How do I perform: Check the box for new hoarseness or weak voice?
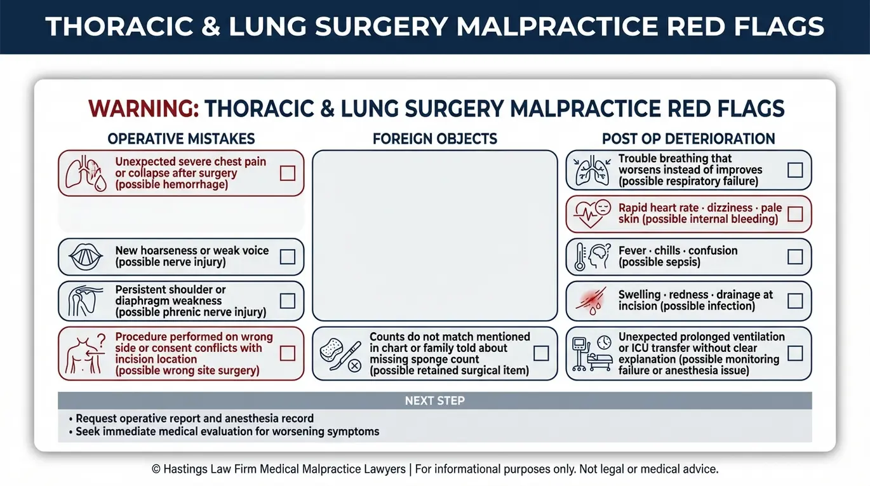(x=288, y=257)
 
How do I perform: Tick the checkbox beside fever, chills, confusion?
(x=795, y=257)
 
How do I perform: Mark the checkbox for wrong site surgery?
(x=288, y=353)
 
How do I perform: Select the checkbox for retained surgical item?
(x=541, y=353)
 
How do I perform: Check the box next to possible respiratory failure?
(x=795, y=170)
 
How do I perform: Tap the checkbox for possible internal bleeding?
(x=795, y=214)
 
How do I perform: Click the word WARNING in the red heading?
(x=144, y=109)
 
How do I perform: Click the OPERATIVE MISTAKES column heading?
(x=181, y=138)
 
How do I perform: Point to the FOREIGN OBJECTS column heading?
(x=435, y=138)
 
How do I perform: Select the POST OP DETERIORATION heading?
(x=688, y=138)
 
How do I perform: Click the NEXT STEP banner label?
(x=435, y=400)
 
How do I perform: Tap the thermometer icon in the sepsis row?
(x=580, y=257)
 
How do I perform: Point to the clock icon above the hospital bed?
(x=605, y=342)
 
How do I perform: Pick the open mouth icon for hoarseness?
(x=86, y=257)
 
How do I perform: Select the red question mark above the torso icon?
(x=102, y=341)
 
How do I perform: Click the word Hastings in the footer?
(x=185, y=469)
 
